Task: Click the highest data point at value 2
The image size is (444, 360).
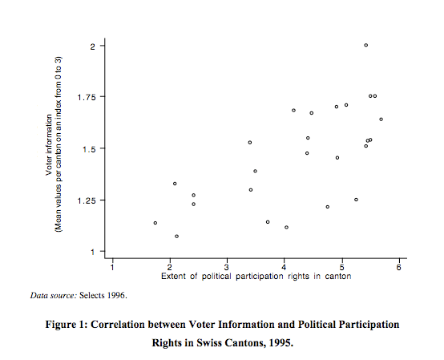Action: (x=365, y=46)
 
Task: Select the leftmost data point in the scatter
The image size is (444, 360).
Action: (x=155, y=223)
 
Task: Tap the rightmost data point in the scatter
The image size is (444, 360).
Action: (x=381, y=119)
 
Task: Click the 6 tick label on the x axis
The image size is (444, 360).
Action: (x=398, y=267)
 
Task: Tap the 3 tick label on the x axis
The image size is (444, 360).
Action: (x=227, y=267)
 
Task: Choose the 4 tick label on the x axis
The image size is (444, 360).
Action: (x=285, y=267)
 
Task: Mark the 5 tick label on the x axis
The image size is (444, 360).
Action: (x=341, y=267)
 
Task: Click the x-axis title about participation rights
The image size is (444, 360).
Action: (x=256, y=277)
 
